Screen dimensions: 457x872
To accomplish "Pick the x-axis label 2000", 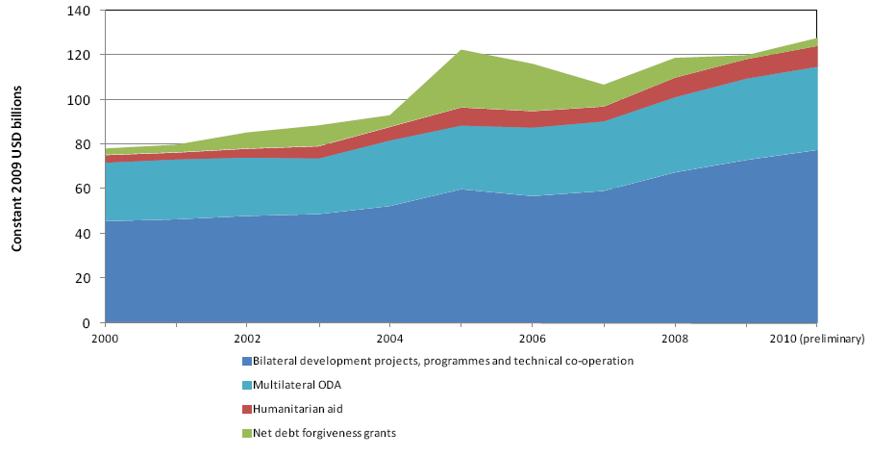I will (105, 339).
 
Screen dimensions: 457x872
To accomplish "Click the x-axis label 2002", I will (247, 339).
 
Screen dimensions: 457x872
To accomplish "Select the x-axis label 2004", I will (389, 339).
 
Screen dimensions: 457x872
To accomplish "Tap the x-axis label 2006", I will (532, 339).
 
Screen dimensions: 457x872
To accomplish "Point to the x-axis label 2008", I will (674, 339).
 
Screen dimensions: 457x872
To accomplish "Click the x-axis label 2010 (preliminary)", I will (817, 339).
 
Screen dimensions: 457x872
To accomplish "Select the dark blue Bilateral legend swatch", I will (247, 361).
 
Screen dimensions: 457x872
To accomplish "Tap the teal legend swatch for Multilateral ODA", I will (247, 385).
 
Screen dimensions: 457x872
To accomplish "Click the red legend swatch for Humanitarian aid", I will (247, 409).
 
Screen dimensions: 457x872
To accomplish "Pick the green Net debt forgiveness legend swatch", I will (247, 433).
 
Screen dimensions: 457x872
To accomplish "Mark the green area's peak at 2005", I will (461, 50).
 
